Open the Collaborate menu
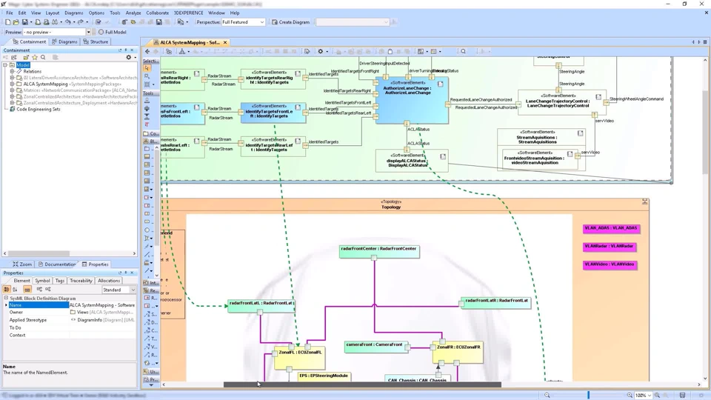(157, 13)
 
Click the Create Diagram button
(290, 22)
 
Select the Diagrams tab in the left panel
(64, 41)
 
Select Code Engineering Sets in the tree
(38, 109)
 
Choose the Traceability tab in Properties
(81, 281)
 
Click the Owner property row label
(16, 313)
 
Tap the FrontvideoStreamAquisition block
(534, 158)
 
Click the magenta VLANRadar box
(610, 247)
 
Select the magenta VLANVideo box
(610, 264)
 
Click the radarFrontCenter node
(379, 250)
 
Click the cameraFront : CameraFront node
(375, 345)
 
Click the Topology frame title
(390, 207)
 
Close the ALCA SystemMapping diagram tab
(225, 42)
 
